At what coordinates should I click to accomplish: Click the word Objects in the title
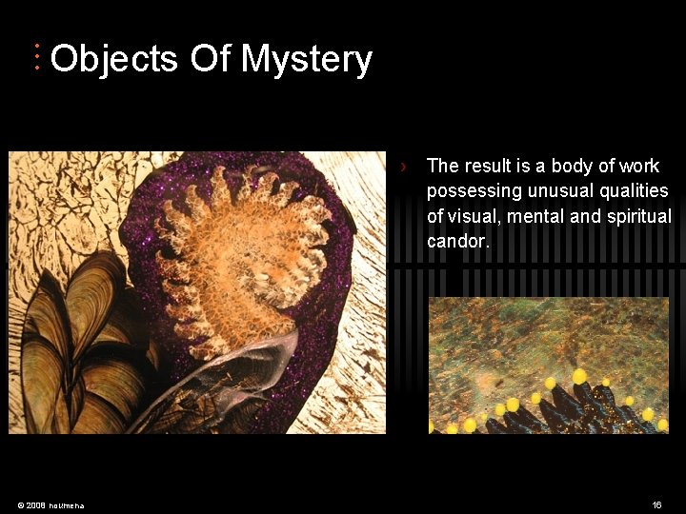coord(114,59)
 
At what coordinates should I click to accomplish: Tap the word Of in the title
coord(210,59)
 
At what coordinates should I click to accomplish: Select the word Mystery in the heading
coord(306,59)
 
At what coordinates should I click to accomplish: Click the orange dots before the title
coord(36,57)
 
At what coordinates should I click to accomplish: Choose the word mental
coord(539,216)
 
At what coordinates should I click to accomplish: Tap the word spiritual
coord(637,216)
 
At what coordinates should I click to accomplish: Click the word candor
coord(458,242)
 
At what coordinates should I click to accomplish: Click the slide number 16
coord(656,504)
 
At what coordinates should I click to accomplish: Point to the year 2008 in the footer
coord(35,504)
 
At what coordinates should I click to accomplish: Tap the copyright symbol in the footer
coord(20,504)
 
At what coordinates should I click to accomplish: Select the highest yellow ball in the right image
coord(578,376)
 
